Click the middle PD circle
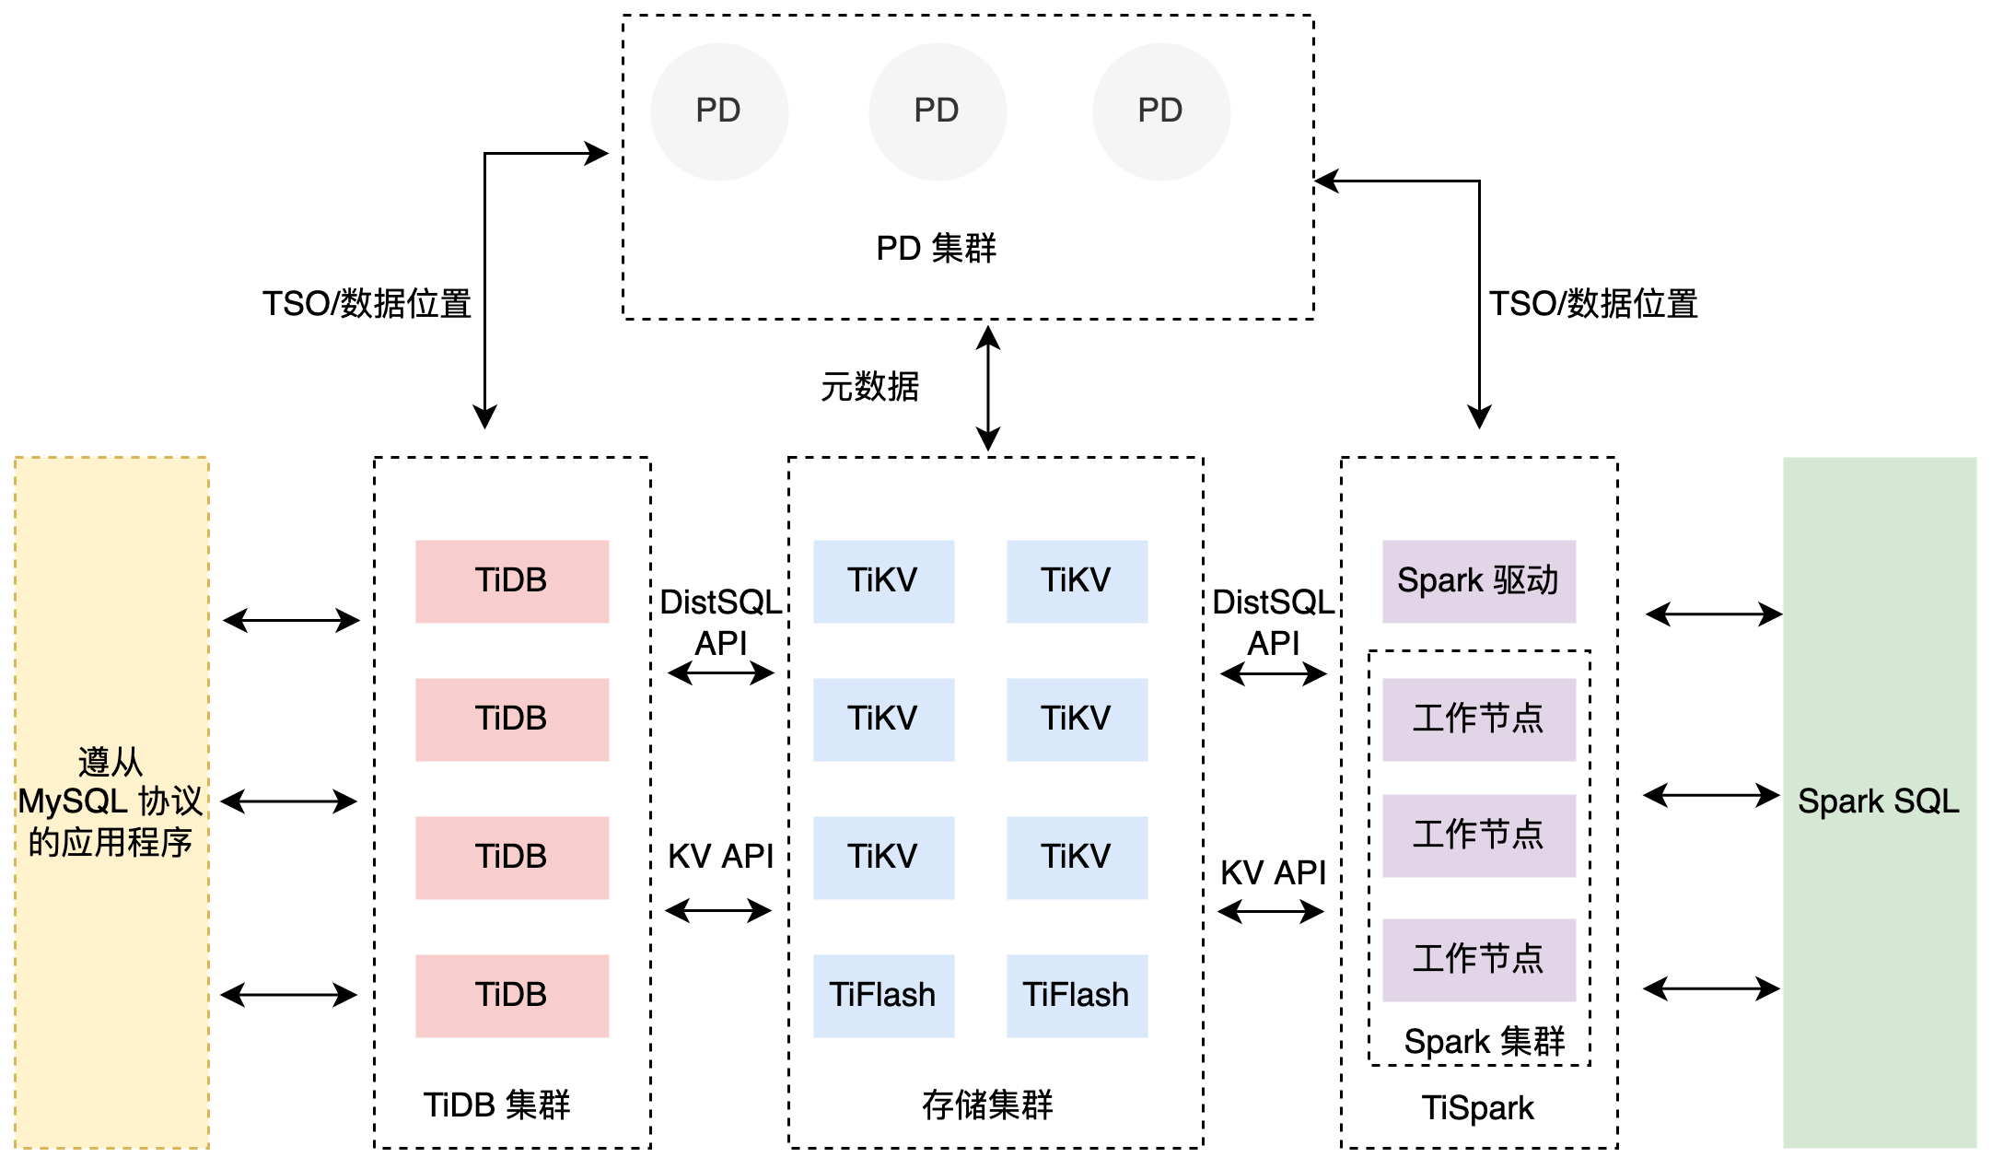pos(937,111)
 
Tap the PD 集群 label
pos(936,249)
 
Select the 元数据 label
pos(869,387)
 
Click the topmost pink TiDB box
pos(511,581)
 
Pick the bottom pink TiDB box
pos(511,996)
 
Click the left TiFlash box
pos(882,996)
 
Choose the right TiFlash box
pos(1076,996)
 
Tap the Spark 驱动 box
pos(1478,581)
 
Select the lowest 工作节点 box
pos(1478,959)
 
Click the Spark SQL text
pos(1878,801)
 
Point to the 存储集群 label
pos(987,1105)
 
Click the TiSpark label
pos(1478,1108)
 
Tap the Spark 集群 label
pos(1484,1042)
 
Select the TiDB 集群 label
pos(496,1105)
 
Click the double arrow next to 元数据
pos(988,388)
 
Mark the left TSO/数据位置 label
pos(367,304)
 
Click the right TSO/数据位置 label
pos(1593,304)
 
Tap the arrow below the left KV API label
pos(718,911)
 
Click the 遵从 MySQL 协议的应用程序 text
pos(110,802)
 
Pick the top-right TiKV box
pos(1076,581)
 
